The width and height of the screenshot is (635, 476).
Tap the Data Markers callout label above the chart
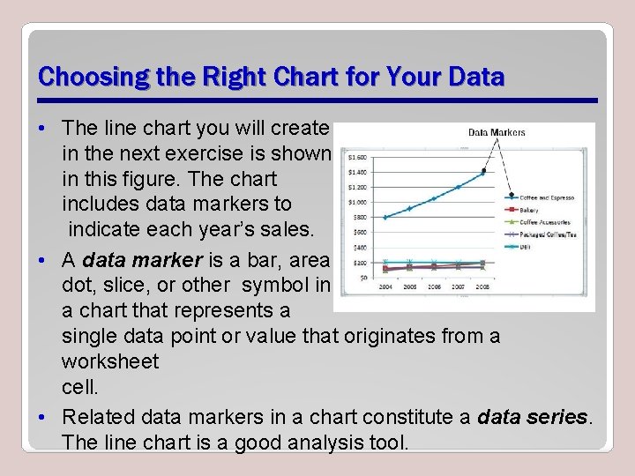[496, 132]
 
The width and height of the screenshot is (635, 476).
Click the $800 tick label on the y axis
[359, 217]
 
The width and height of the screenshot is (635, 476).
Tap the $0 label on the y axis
[362, 278]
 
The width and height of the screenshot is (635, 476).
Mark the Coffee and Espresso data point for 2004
[385, 217]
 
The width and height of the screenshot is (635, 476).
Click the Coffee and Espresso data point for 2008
[482, 174]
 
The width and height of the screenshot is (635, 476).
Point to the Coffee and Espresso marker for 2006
[434, 198]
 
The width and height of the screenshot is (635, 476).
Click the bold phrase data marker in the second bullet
[146, 260]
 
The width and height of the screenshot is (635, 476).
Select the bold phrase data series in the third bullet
[533, 417]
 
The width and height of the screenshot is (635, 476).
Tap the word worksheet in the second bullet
[110, 361]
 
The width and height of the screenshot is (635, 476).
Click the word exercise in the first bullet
[189, 153]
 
